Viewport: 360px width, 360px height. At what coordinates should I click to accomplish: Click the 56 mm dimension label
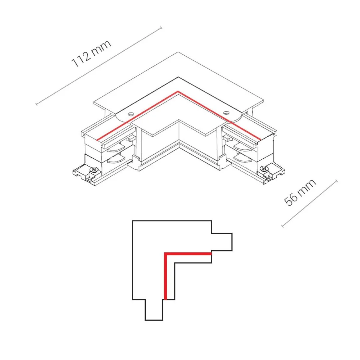pyautogui.click(x=300, y=192)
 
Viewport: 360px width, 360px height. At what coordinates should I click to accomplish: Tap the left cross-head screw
pyautogui.click(x=94, y=170)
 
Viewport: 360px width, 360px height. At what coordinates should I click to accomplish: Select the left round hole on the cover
pyautogui.click(x=131, y=114)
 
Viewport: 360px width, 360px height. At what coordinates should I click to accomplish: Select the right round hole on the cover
pyautogui.click(x=227, y=113)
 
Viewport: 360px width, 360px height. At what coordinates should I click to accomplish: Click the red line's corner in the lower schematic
pyautogui.click(x=165, y=254)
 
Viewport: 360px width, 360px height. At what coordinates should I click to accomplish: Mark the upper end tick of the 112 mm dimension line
pyautogui.click(x=161, y=28)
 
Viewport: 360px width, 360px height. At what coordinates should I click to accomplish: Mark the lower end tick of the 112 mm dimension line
pyautogui.click(x=36, y=104)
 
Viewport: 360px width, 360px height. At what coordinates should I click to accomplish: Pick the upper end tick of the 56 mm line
pyautogui.click(x=337, y=181)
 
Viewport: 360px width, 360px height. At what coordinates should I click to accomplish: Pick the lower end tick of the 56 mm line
pyautogui.click(x=283, y=226)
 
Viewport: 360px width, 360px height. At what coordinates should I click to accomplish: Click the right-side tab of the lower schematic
pyautogui.click(x=222, y=242)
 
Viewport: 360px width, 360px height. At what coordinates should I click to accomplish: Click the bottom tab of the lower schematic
pyautogui.click(x=154, y=310)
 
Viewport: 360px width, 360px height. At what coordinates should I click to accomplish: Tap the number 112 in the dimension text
pyautogui.click(x=81, y=59)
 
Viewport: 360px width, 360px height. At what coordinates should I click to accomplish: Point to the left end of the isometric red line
pyautogui.click(x=97, y=140)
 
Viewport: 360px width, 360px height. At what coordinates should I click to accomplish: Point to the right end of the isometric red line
pyautogui.click(x=260, y=139)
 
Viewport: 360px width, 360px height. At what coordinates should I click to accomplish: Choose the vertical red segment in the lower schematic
pyautogui.click(x=165, y=276)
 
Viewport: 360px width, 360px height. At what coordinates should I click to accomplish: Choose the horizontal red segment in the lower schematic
pyautogui.click(x=188, y=254)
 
